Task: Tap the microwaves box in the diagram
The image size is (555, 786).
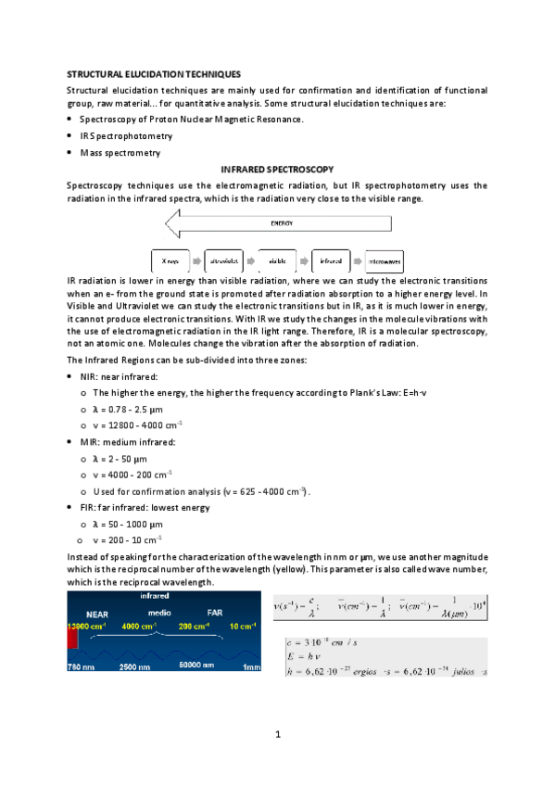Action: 385,261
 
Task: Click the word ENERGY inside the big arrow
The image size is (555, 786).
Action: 282,223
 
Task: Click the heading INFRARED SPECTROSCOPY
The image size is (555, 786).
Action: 277,171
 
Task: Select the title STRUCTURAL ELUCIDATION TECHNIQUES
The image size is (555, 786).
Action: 154,73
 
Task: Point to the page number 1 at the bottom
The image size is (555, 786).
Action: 277,735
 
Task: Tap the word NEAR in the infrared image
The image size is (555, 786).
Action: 97,614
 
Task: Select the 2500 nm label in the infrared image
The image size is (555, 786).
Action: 138,666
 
